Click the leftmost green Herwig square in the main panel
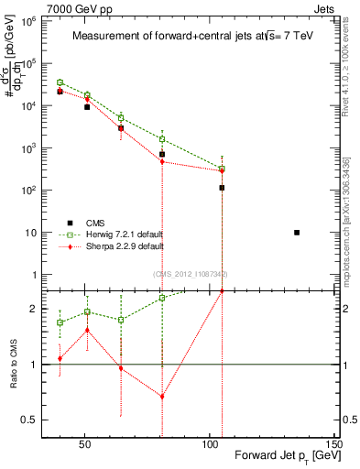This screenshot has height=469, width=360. [x=60, y=82]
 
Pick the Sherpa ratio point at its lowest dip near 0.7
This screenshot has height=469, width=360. [x=162, y=397]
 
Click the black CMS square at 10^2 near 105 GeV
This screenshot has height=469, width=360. [x=222, y=188]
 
